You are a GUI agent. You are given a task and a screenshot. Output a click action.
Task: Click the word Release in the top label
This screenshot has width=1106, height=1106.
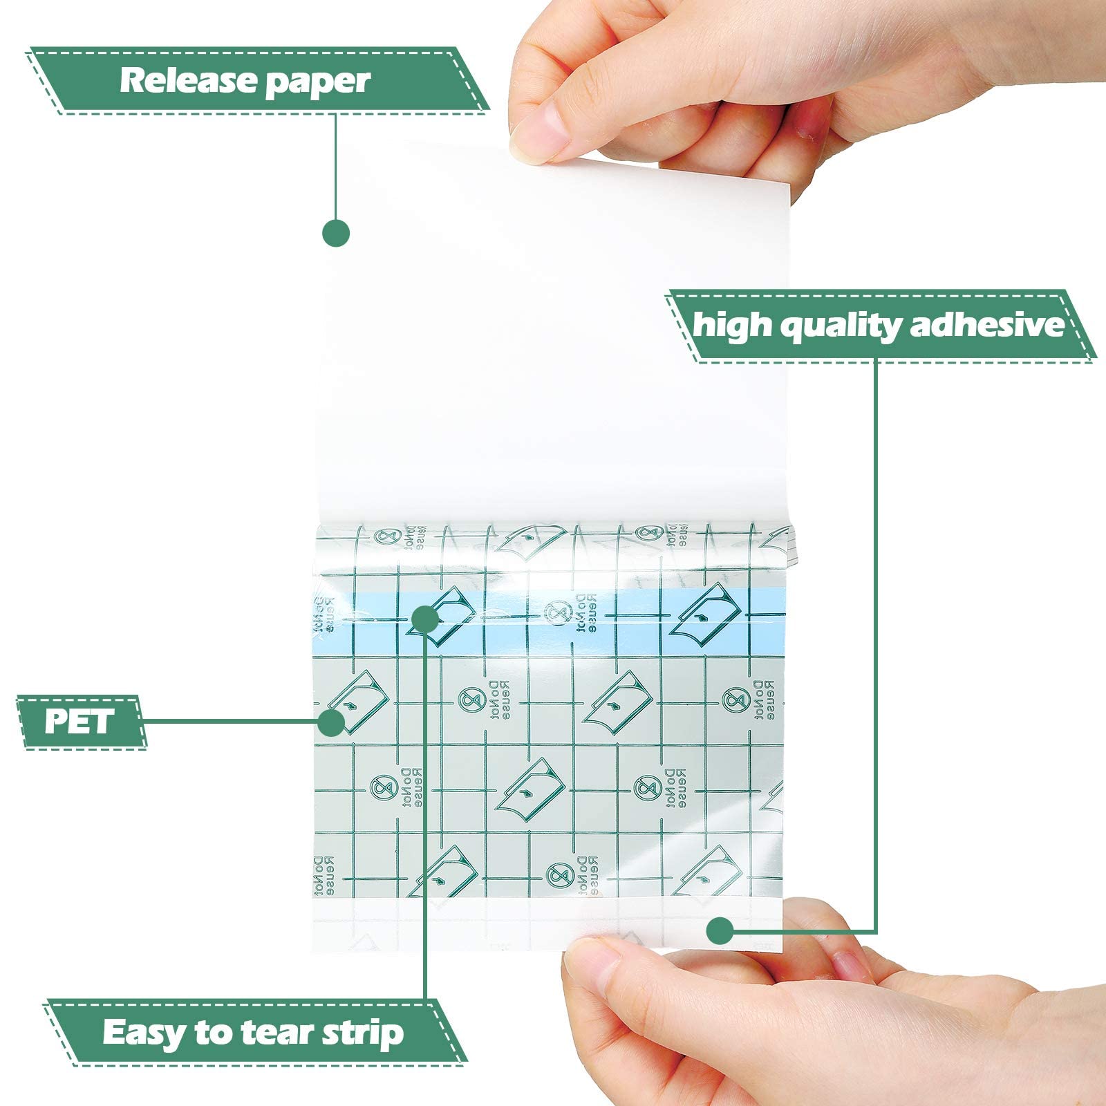(x=188, y=81)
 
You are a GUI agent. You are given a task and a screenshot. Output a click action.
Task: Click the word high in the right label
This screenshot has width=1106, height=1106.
(x=730, y=325)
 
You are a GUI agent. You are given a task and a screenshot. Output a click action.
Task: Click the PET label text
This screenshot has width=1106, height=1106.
(x=79, y=722)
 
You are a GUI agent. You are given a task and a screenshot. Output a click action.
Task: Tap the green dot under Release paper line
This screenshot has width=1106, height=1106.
(x=336, y=234)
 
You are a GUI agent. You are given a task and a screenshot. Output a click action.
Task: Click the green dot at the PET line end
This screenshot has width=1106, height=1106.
(x=332, y=722)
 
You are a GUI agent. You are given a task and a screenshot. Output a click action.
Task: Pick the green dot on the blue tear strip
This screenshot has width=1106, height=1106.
(x=425, y=619)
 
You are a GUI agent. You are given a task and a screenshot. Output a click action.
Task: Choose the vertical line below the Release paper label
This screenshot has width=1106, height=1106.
(x=336, y=166)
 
